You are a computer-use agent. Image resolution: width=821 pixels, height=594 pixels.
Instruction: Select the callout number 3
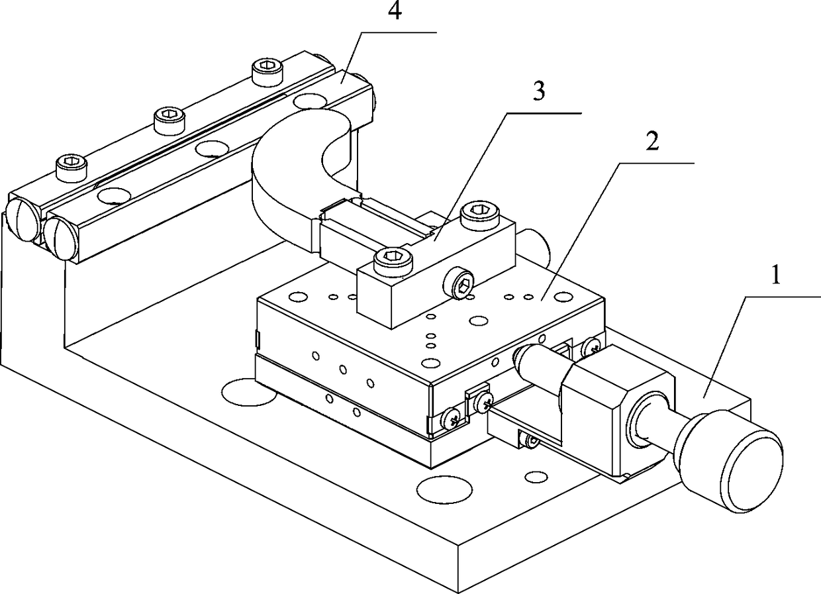[x=539, y=93]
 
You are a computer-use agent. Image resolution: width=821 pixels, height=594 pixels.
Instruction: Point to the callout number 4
[x=394, y=14]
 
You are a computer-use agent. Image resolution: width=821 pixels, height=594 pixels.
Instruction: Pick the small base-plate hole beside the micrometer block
[x=535, y=476]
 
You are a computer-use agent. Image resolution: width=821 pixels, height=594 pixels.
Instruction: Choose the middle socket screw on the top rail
[x=169, y=120]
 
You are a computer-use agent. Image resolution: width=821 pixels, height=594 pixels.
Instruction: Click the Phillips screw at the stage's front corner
[x=452, y=417]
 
